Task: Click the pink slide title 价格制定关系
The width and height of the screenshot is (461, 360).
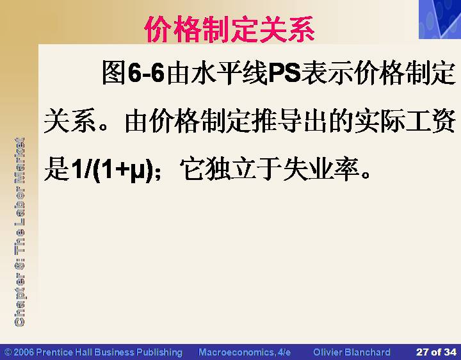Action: (230, 29)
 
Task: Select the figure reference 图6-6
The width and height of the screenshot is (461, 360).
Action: (133, 72)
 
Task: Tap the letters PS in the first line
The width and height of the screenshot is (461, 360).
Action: (284, 72)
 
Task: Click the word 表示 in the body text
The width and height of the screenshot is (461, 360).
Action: (327, 72)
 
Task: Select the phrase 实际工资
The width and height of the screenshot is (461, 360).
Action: (405, 120)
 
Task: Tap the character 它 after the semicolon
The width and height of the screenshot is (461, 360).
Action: (191, 169)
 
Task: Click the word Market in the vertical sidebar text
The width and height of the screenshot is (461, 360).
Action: (19, 160)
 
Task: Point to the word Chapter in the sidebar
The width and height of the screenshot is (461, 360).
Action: (19, 299)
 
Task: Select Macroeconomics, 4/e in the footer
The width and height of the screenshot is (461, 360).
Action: (245, 352)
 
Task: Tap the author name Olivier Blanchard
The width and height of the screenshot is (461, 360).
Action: (352, 352)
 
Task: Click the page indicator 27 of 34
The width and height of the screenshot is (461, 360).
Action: (436, 352)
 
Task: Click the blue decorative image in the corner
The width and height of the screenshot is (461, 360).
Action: (440, 19)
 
